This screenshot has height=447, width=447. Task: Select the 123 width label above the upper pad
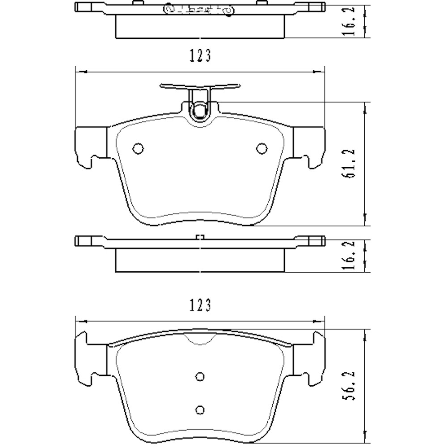point(200,55)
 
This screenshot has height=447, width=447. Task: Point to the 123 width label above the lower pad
point(200,305)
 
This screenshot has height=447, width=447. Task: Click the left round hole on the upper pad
point(138,148)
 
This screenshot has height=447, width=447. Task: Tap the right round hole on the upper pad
point(261,148)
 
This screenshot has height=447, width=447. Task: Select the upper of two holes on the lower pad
point(200,376)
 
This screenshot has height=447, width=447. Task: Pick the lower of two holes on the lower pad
point(200,409)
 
